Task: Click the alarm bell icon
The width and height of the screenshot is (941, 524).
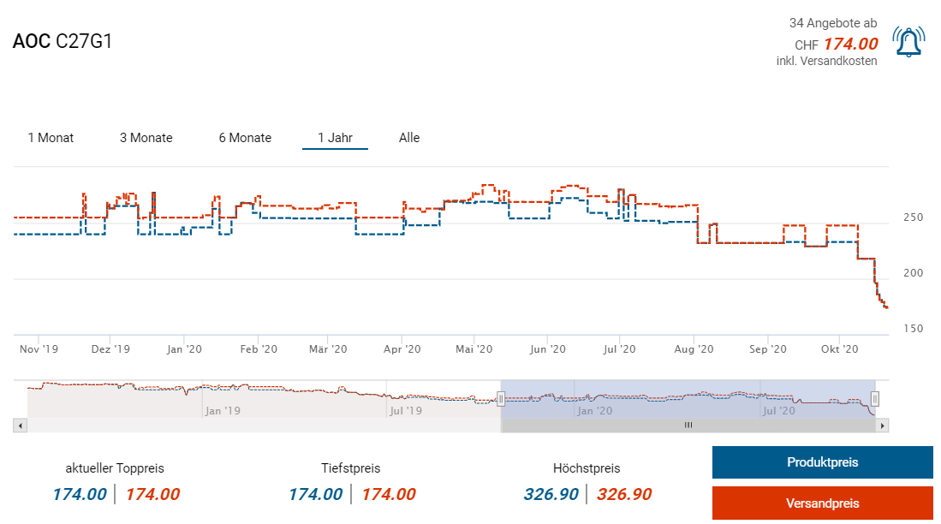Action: point(908,41)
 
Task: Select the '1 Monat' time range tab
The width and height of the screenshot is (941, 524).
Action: point(51,138)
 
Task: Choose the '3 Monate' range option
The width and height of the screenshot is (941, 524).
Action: point(146,138)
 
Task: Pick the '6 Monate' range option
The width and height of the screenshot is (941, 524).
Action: point(245,138)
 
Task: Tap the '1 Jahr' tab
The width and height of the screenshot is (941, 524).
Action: point(335,138)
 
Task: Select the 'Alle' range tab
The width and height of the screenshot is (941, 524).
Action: point(409,138)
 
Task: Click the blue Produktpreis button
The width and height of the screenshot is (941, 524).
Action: point(822,462)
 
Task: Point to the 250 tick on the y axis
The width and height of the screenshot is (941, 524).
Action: point(913,217)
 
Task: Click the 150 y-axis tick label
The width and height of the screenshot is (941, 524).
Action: point(913,329)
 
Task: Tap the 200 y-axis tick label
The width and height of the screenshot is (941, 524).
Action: point(913,273)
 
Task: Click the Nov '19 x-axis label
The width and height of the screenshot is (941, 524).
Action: point(39,349)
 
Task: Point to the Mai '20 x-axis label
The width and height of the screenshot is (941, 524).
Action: point(474,349)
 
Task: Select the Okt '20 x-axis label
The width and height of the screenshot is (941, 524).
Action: point(839,349)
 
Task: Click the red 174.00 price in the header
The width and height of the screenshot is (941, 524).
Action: point(850,44)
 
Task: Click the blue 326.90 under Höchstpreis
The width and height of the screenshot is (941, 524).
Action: point(551,494)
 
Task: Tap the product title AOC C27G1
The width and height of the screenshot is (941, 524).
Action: point(63,41)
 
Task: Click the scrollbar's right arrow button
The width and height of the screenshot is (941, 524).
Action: point(883,425)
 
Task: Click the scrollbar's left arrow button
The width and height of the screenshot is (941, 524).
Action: point(20,425)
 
